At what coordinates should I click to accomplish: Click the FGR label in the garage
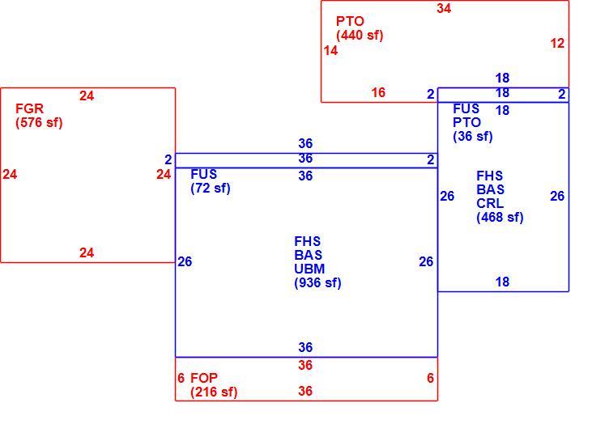(x=29, y=108)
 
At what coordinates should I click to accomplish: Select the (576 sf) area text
(x=39, y=123)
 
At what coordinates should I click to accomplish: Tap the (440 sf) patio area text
(x=360, y=36)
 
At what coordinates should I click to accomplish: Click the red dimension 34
(x=444, y=8)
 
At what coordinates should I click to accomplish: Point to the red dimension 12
(x=557, y=43)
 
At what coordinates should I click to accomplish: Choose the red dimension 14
(x=330, y=50)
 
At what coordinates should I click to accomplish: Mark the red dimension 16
(x=378, y=92)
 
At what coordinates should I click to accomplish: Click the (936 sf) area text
(x=317, y=282)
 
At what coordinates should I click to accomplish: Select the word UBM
(x=309, y=269)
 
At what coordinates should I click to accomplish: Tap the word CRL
(x=490, y=203)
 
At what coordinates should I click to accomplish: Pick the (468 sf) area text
(x=500, y=218)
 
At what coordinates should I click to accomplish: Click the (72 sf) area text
(x=211, y=189)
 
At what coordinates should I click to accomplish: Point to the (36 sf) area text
(x=473, y=137)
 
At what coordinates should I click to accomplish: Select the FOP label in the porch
(x=204, y=378)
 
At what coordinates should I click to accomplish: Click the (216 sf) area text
(x=214, y=392)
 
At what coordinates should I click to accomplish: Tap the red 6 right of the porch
(x=430, y=378)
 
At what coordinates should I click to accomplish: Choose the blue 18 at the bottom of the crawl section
(x=502, y=282)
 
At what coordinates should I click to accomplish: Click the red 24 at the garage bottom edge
(x=87, y=252)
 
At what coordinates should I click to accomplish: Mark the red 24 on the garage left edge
(x=10, y=174)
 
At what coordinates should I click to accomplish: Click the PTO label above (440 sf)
(x=350, y=21)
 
